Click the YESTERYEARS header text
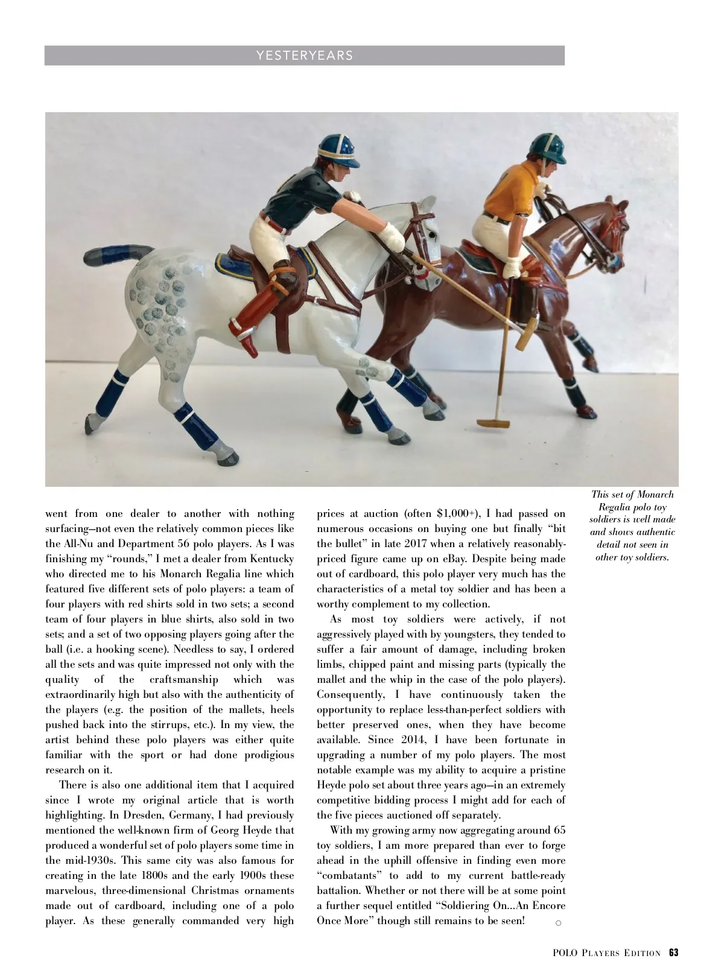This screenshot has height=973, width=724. (x=305, y=55)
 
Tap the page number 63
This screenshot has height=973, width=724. (x=673, y=953)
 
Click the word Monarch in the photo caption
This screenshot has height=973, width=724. (x=656, y=495)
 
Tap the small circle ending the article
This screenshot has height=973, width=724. (x=558, y=922)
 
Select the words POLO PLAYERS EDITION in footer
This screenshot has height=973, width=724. (x=606, y=953)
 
